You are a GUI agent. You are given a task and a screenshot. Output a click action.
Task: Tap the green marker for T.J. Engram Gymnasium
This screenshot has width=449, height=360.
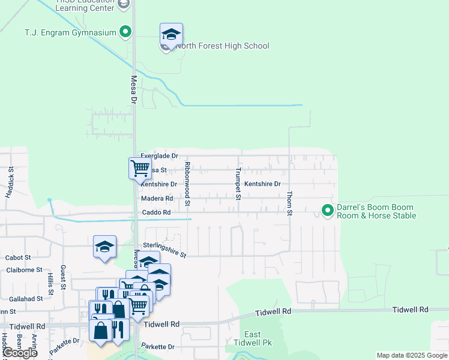125,32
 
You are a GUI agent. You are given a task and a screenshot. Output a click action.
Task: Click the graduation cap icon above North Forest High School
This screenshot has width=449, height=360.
171,35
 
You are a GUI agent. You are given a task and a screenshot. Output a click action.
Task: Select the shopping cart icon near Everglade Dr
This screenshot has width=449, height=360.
140,168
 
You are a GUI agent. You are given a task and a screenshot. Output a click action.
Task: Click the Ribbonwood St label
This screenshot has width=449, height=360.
187,184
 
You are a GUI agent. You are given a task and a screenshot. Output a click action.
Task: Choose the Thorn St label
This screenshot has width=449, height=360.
289,203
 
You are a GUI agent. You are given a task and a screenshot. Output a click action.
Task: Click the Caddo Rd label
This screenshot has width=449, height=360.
156,212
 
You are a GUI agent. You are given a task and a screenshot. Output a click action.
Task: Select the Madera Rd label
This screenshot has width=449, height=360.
157,199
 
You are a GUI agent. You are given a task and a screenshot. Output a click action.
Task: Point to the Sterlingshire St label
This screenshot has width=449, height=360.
164,250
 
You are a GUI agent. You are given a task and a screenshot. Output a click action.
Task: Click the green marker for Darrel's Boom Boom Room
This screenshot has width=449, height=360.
327,210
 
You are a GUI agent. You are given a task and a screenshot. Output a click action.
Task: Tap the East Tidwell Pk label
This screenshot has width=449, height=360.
253,338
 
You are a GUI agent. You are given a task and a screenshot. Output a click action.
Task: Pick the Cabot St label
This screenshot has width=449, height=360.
18,257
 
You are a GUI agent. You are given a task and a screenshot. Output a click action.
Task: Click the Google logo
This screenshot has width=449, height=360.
20,352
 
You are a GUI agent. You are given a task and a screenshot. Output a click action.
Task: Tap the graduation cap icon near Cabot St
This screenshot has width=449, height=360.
105,247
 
